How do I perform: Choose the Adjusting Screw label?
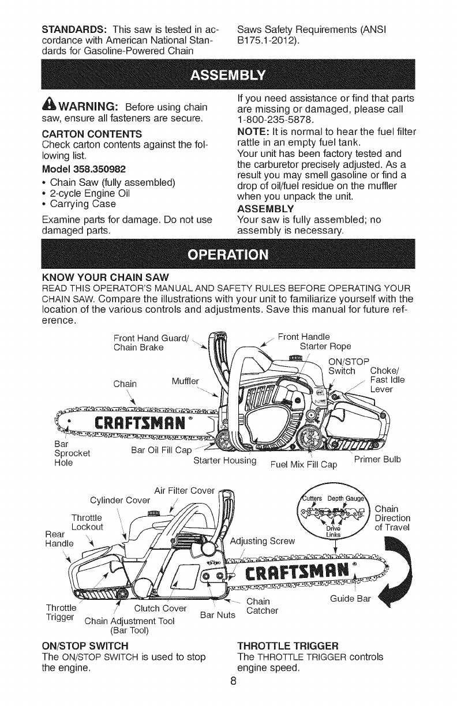click(x=263, y=540)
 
